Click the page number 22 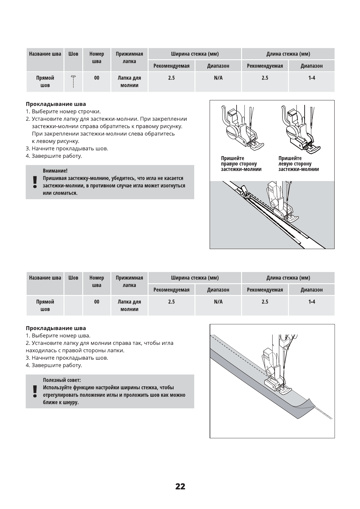pos(180,486)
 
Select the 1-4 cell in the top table pos(312,78)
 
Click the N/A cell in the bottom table pos(218,302)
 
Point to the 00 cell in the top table pos(97,78)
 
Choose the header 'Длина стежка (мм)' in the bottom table pos(288,277)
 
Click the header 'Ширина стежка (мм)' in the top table pos(195,54)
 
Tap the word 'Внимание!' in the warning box pos(55,171)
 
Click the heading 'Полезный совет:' pos(62,380)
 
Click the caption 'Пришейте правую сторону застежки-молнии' pos(241,164)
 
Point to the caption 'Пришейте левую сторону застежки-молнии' pos(298,164)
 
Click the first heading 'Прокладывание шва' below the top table pos(56,104)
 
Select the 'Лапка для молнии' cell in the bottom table pos(129,305)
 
